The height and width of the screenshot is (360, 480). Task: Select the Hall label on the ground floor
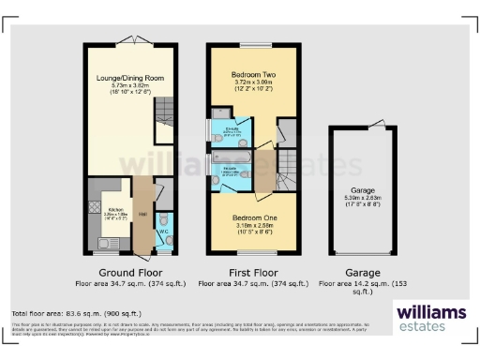142,215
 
